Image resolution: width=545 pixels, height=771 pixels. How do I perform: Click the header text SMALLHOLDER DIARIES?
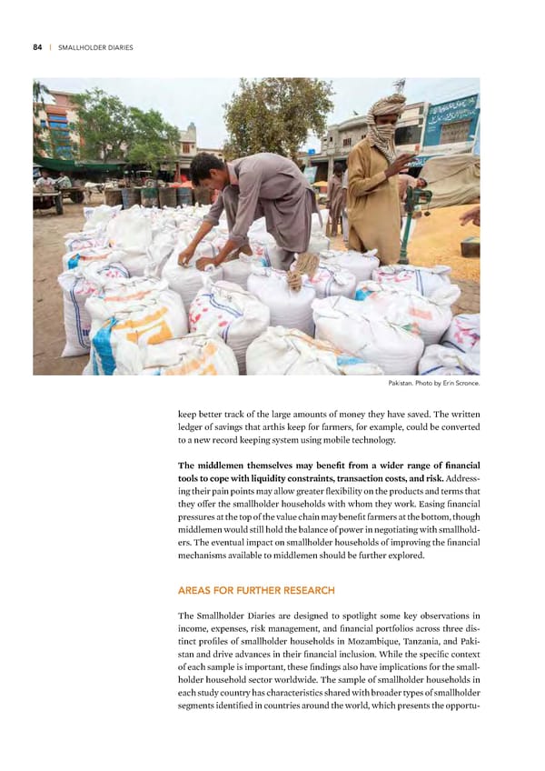click(x=94, y=47)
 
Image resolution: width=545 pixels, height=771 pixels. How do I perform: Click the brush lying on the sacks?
click(x=300, y=269)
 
